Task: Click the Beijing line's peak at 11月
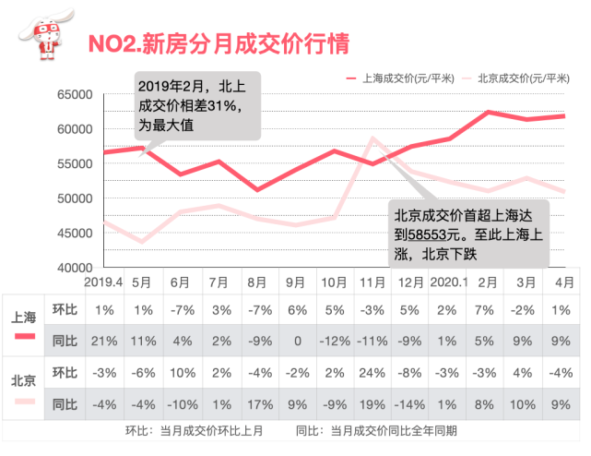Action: (x=372, y=138)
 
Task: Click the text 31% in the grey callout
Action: (x=224, y=105)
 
